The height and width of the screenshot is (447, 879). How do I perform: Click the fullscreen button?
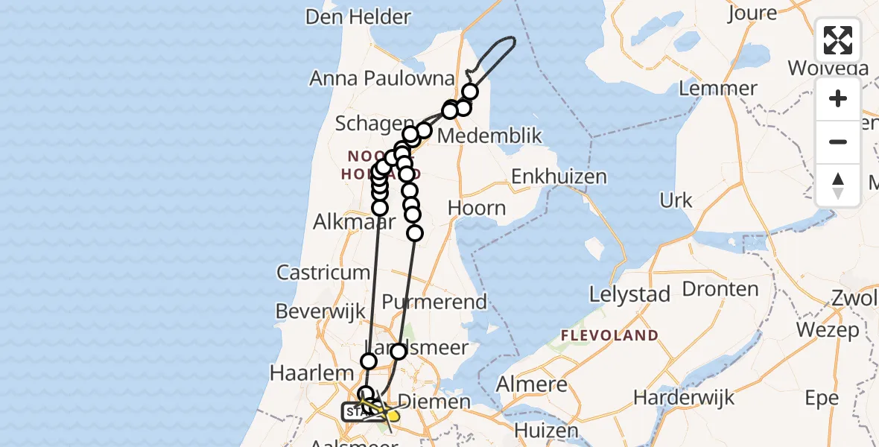(x=838, y=40)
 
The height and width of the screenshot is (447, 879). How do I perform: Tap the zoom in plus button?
(x=838, y=98)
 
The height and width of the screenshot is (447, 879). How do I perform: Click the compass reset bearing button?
(x=838, y=185)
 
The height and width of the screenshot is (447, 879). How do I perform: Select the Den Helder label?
(x=358, y=17)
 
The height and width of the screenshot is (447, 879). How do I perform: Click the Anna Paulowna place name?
(x=382, y=78)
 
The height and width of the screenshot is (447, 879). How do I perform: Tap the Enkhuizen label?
(x=559, y=177)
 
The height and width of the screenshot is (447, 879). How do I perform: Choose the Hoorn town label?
(x=477, y=208)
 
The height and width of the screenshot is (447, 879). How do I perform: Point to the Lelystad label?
(x=629, y=294)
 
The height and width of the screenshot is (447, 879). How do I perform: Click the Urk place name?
(x=676, y=200)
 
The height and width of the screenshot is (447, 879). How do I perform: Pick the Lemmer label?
(x=719, y=88)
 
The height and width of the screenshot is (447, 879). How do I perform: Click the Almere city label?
(x=532, y=385)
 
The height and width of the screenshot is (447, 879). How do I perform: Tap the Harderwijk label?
(x=684, y=397)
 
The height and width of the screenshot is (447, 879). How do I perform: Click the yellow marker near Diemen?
(x=393, y=416)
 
